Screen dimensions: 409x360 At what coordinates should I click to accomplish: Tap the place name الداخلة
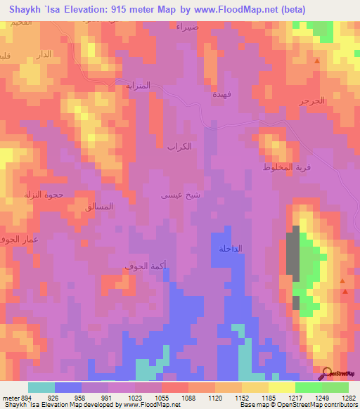231,249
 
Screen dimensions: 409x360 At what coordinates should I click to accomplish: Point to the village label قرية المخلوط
287,167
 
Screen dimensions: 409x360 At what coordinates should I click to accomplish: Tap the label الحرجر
312,101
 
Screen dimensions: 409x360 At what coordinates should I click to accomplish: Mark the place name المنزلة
139,86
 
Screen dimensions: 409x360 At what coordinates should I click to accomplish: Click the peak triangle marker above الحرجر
317,62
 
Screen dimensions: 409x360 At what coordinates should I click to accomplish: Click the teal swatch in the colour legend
41,387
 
